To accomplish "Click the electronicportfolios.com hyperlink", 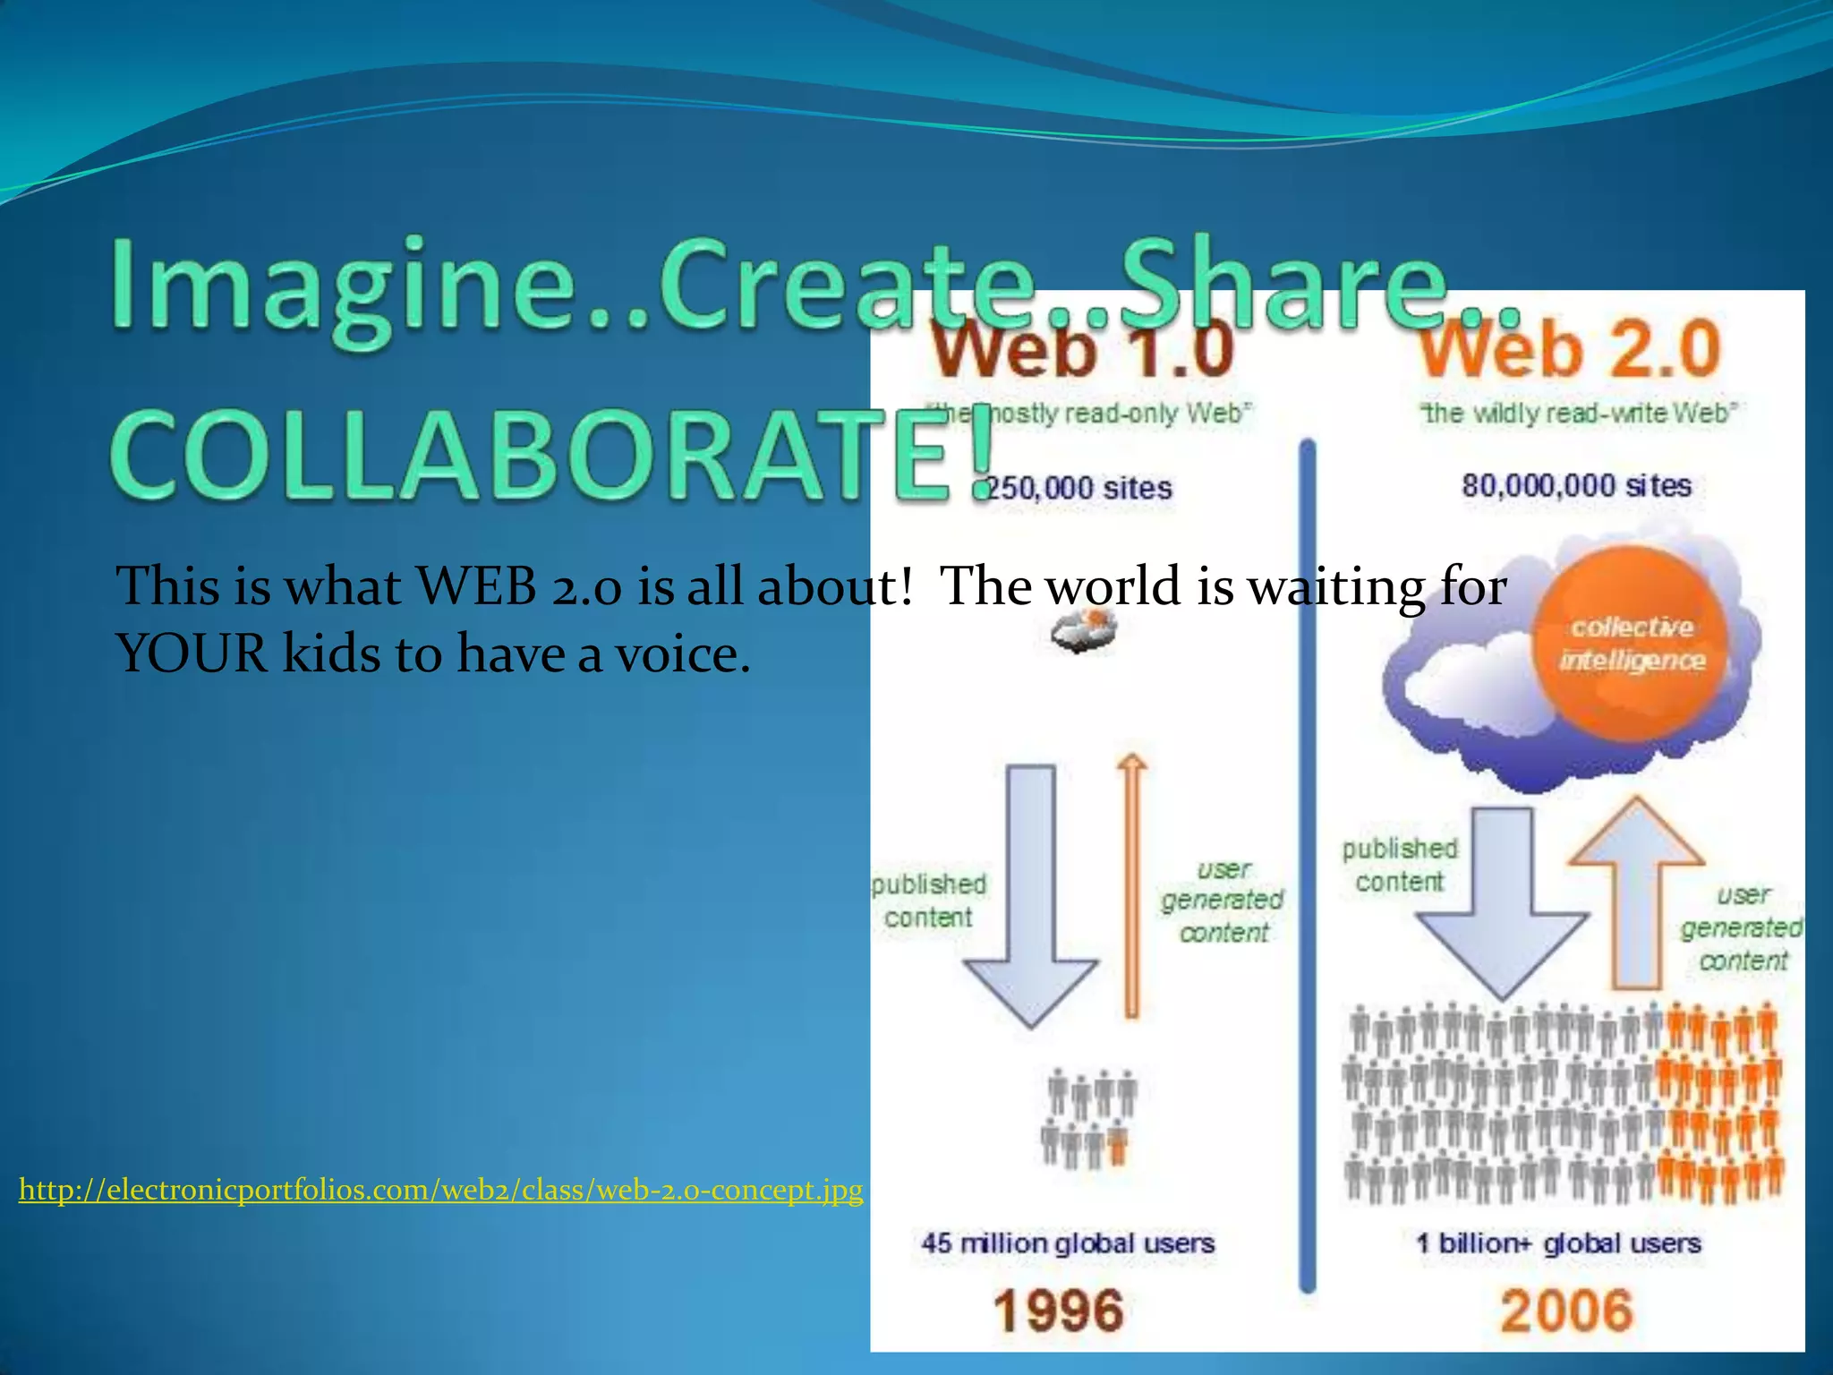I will point(440,1190).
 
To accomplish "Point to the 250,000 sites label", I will point(1078,488).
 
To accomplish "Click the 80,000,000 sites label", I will point(1576,486).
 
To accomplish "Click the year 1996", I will point(1058,1311).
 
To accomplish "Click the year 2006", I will point(1566,1311).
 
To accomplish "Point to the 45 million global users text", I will point(1068,1243).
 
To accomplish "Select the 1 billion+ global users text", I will point(1558,1243).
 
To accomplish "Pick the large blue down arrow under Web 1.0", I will point(1031,895).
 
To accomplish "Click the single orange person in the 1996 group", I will point(1118,1146).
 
